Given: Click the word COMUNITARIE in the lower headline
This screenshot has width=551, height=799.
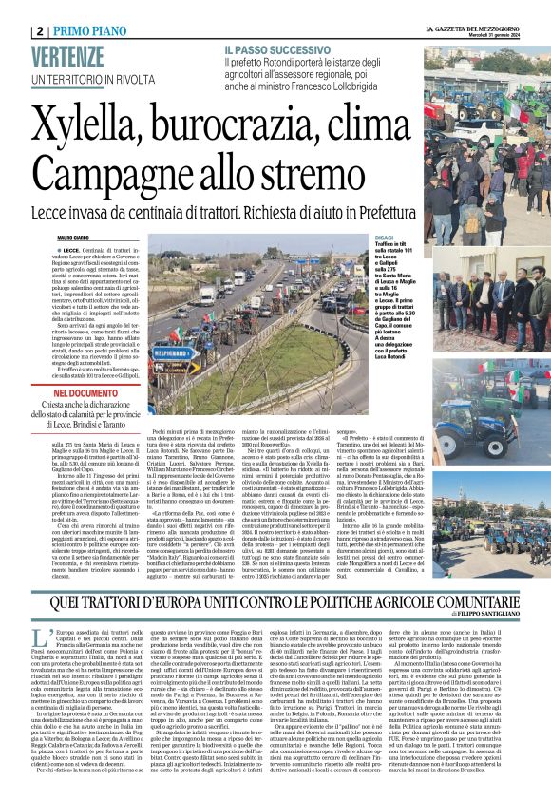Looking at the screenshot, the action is (x=465, y=573).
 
